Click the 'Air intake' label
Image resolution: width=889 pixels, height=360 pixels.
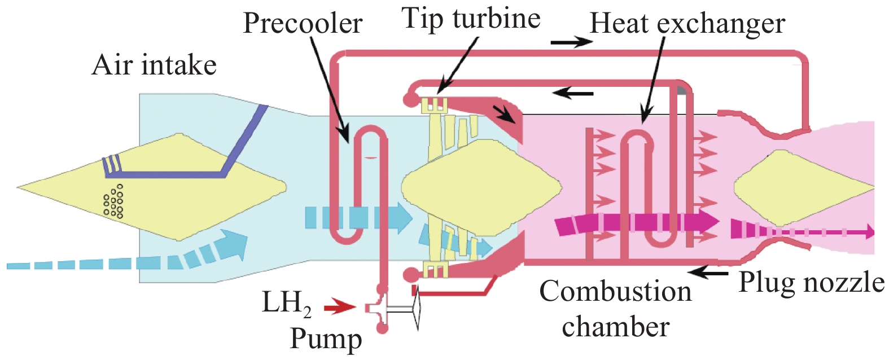(x=154, y=65)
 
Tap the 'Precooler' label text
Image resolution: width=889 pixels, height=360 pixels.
(x=303, y=24)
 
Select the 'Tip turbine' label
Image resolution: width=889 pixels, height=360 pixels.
(x=471, y=19)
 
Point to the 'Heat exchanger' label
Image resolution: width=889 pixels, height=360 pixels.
(x=687, y=24)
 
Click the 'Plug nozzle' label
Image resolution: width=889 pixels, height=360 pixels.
(x=812, y=282)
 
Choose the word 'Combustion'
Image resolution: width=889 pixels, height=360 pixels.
(x=615, y=292)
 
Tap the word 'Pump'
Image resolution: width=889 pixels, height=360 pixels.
(x=326, y=339)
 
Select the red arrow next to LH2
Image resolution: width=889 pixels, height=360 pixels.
(x=340, y=307)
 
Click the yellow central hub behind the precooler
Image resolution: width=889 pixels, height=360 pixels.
(x=480, y=186)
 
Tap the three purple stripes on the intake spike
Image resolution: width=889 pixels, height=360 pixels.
(x=111, y=164)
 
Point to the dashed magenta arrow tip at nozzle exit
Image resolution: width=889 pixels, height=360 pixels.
(x=869, y=231)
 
